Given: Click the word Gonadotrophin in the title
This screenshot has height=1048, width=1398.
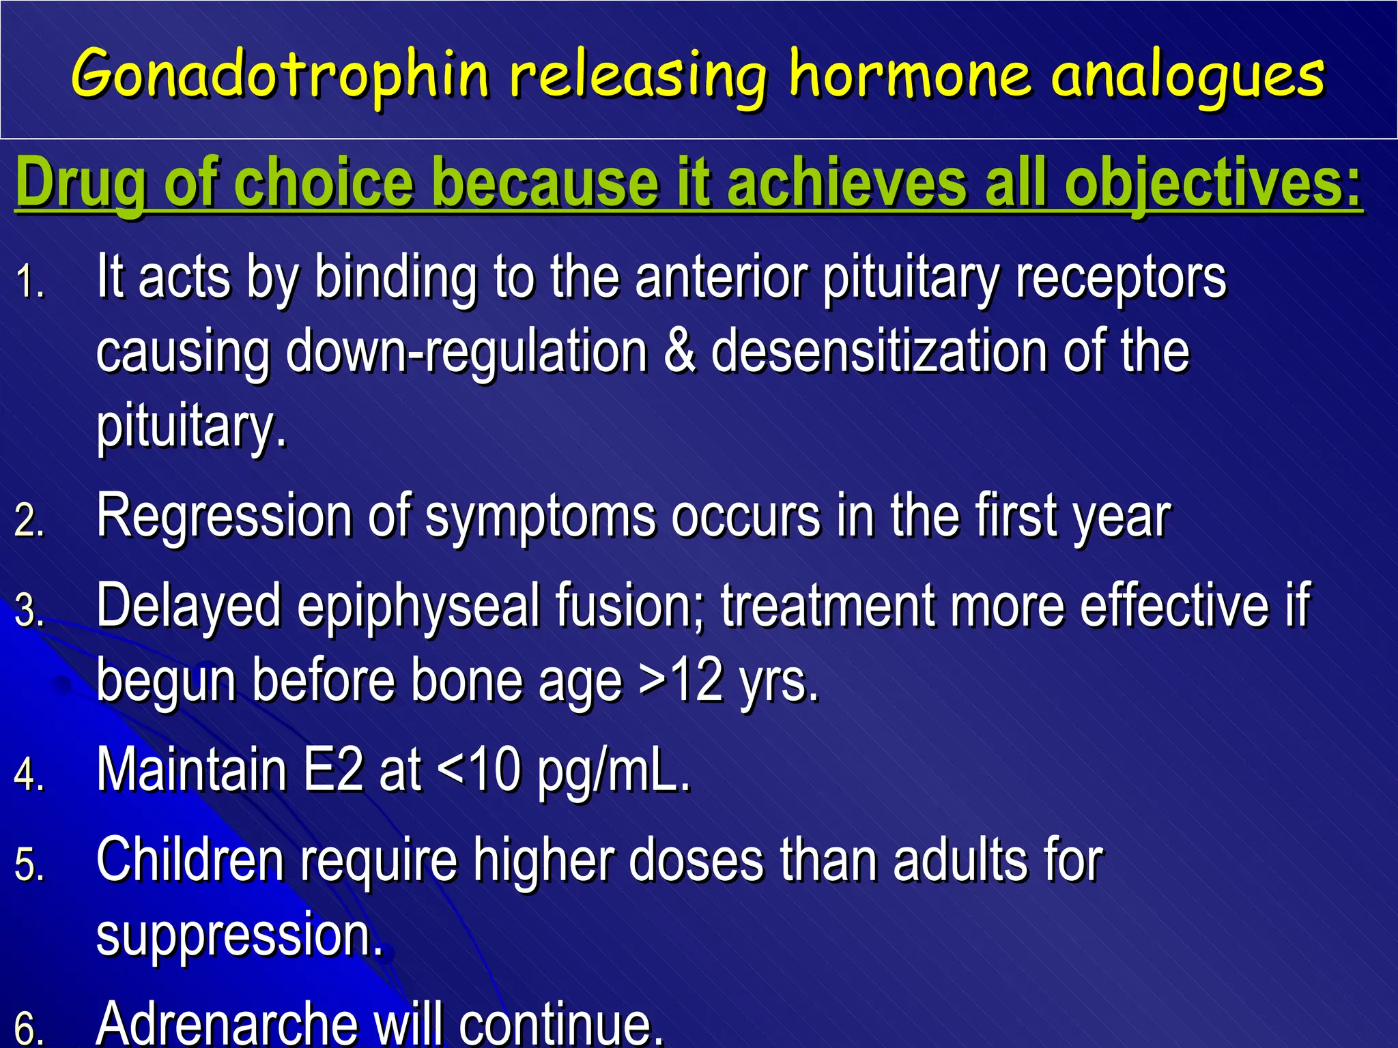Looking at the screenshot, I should [x=280, y=75].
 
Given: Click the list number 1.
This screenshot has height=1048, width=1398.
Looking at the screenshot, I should [x=29, y=282].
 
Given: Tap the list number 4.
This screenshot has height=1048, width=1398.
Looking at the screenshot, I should [x=29, y=774].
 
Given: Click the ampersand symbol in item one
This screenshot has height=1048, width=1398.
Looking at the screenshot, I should [x=679, y=351].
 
